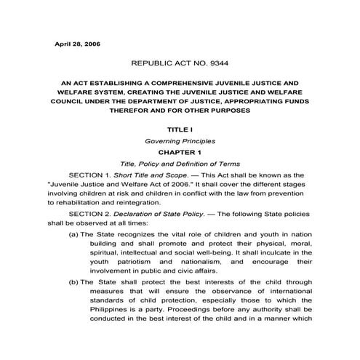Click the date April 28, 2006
click(x=78, y=44)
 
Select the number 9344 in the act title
click(x=219, y=64)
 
